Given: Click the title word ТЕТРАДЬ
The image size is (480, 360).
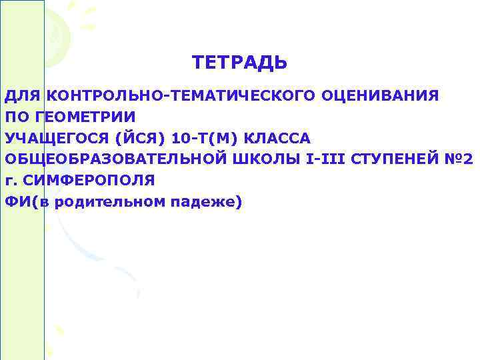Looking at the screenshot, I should click(x=239, y=63).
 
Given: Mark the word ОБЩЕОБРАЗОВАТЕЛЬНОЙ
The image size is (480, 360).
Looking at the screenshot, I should click(x=113, y=159).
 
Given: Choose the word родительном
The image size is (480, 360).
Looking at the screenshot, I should click(x=106, y=201).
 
